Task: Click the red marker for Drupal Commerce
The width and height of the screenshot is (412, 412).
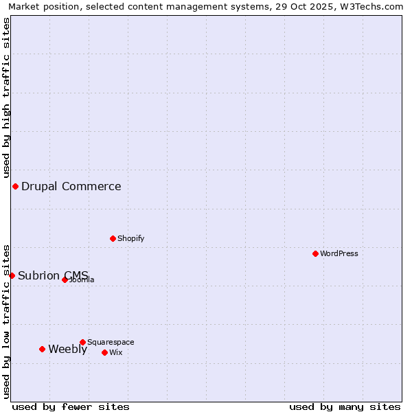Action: pos(15,186)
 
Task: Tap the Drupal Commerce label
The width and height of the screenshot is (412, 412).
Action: pos(71,186)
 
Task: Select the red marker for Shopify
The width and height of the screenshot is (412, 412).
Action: pos(113,238)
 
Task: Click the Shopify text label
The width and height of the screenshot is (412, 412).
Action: pos(130,238)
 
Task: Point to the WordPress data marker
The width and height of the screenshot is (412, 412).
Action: pos(315,253)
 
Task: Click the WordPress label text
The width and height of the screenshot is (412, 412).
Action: pos(339,253)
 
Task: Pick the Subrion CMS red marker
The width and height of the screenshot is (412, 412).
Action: pos(12,275)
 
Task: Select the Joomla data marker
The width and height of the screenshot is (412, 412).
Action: pos(65,279)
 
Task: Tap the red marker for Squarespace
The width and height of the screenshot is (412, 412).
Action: pos(82,342)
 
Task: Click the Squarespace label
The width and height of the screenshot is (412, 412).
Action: pos(111,342)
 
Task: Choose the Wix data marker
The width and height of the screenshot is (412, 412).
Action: pos(104,352)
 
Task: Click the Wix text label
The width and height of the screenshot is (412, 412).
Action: pos(116,352)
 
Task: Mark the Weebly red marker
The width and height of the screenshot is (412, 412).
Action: pos(42,349)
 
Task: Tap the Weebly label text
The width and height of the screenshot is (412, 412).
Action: pos(68,349)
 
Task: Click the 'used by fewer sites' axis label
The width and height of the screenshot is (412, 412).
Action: pos(71,407)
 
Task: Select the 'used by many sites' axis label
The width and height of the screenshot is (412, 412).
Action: pos(345,407)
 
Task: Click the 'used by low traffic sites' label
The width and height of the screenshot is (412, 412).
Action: pos(6,321)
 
